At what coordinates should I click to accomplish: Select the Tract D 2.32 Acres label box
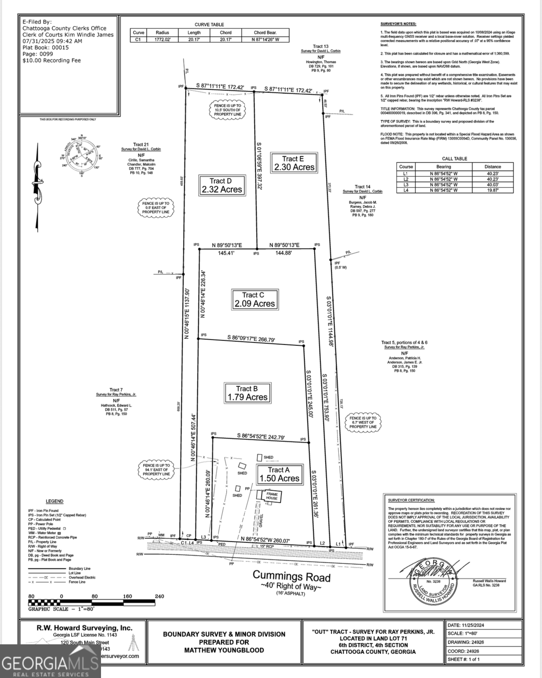coord(222,185)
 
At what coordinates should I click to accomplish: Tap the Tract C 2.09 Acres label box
coord(255,299)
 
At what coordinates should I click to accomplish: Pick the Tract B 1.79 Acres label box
coord(247,393)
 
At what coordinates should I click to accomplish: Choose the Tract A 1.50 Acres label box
coord(279,474)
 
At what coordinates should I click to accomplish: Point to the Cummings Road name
coord(291,577)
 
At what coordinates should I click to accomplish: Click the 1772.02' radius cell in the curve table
coord(162,39)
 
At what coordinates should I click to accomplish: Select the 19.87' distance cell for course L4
coord(492,190)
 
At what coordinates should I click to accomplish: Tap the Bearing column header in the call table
coord(443,167)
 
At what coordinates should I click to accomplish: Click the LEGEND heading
coord(54,501)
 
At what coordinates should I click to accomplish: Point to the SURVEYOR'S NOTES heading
coord(398,24)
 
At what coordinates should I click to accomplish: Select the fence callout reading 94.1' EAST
coord(156,470)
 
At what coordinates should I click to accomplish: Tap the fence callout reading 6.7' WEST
coord(363,422)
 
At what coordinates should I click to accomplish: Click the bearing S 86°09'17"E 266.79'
coord(251,339)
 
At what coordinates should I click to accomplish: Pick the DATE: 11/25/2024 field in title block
coord(466,625)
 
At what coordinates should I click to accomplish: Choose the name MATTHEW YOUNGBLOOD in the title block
coord(224,650)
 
